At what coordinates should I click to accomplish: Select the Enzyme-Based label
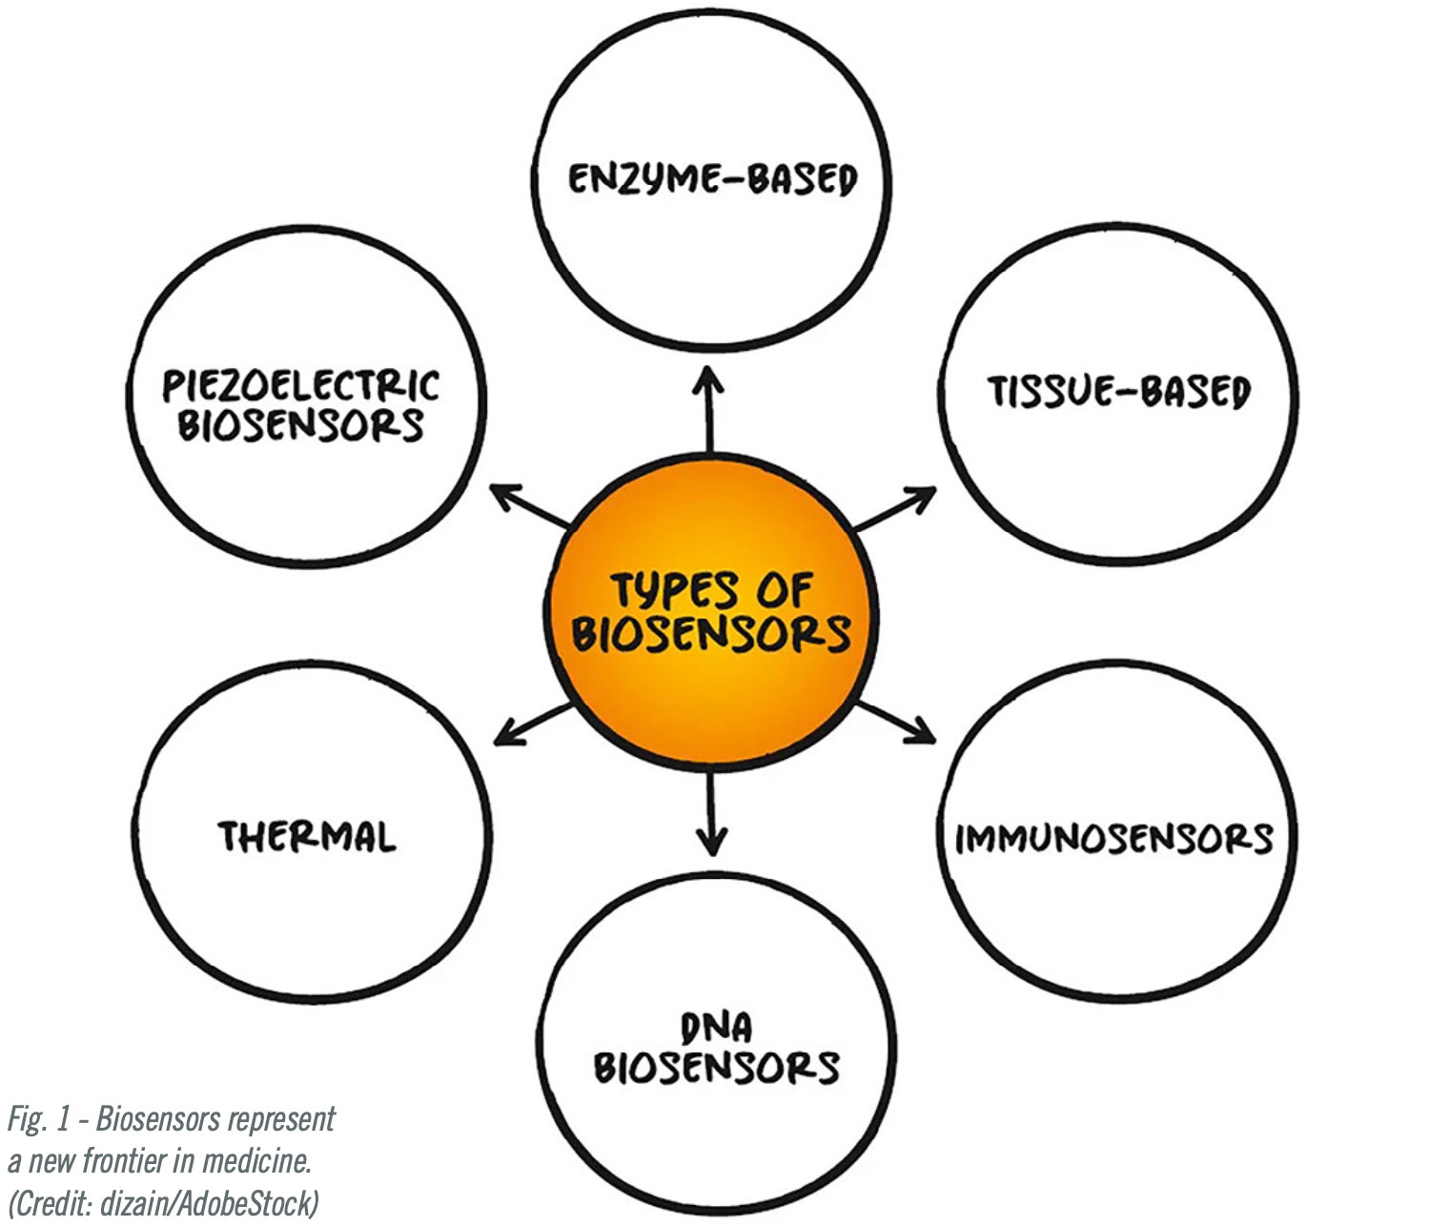[x=712, y=179]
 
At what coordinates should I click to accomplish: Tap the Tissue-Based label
[x=1117, y=392]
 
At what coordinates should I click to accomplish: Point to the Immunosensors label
[x=1113, y=838]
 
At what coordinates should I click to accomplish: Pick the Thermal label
[x=307, y=837]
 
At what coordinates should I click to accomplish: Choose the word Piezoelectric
[x=300, y=386]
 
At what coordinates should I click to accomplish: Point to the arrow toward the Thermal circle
[x=534, y=725]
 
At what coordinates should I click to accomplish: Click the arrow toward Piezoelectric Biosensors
[x=530, y=506]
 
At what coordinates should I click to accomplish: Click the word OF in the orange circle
[x=784, y=591]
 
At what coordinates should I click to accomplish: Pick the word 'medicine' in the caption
[x=257, y=1161]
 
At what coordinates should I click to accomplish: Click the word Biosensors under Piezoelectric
[x=300, y=426]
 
